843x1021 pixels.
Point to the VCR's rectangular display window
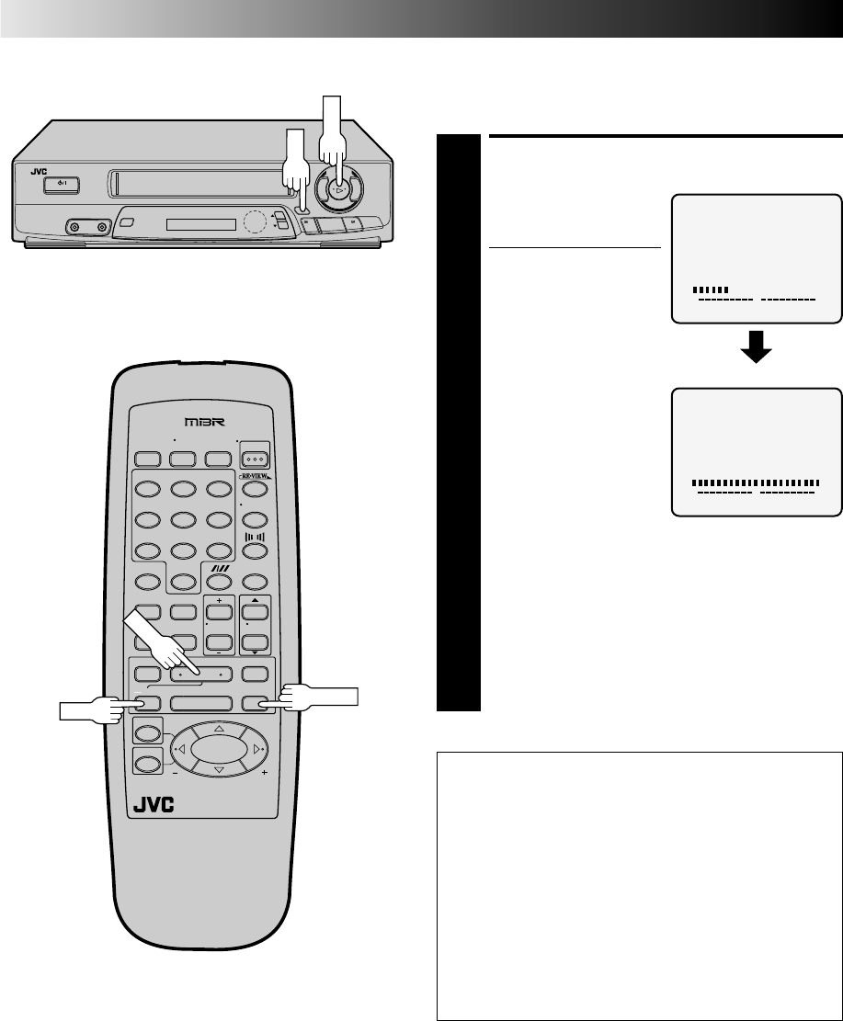click(200, 225)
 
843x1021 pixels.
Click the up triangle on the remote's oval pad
click(219, 728)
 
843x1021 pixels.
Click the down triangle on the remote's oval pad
click(219, 769)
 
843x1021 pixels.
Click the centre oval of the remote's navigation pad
click(219, 749)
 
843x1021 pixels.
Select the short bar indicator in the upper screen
click(710, 289)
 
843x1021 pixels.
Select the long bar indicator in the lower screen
click(755, 482)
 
